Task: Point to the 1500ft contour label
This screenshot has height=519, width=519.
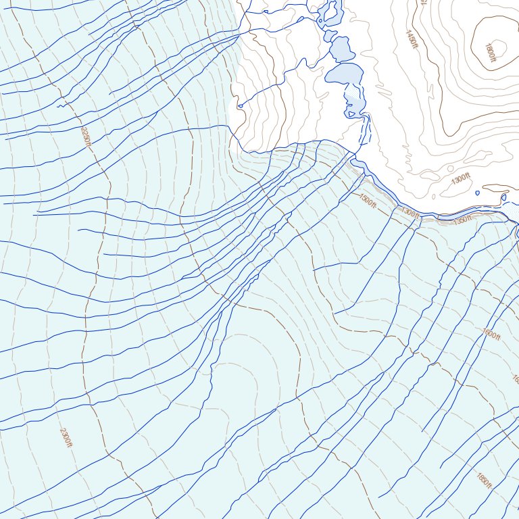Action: point(368,201)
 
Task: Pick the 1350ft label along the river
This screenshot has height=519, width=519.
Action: point(463,220)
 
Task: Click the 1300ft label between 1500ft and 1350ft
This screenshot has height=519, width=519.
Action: point(410,213)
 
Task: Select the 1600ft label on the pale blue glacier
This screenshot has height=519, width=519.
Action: point(491,335)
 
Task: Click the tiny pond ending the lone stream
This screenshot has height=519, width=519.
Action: point(239,105)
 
